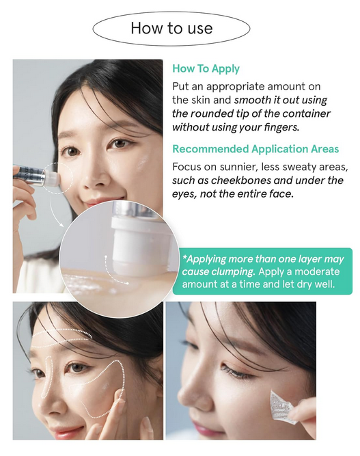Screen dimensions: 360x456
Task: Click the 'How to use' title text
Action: click(171, 28)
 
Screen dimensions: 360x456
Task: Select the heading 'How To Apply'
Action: click(206, 68)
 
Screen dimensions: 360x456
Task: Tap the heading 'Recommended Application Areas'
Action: click(255, 149)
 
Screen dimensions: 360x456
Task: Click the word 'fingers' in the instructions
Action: click(281, 127)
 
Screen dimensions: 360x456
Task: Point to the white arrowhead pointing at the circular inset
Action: click(61, 224)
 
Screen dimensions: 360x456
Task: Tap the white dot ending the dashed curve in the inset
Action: click(128, 282)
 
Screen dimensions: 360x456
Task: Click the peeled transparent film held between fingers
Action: click(282, 406)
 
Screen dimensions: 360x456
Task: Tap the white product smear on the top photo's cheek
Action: click(142, 163)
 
